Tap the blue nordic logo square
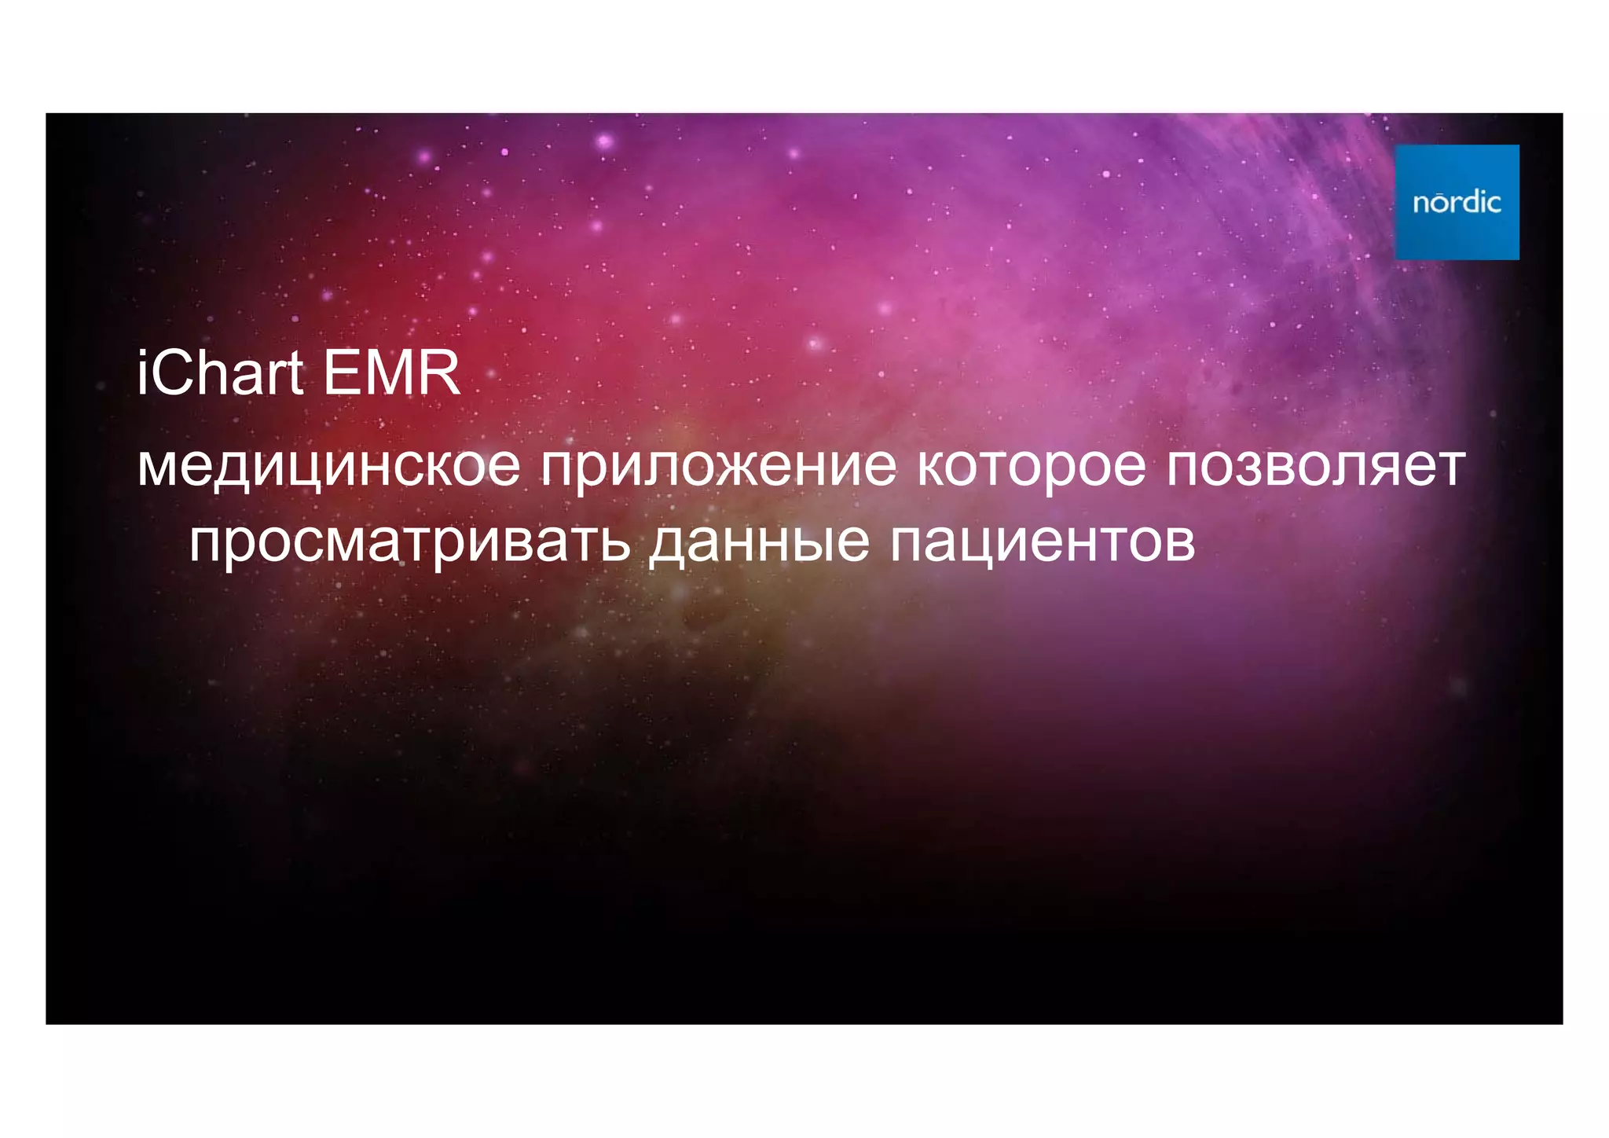(1457, 202)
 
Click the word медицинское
(328, 465)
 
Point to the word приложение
(718, 467)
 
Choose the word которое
(1032, 465)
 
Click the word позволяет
(1315, 465)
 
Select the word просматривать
(409, 542)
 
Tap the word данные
(759, 542)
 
